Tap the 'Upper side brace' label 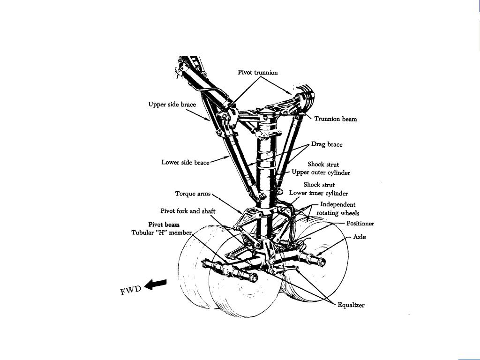pyautogui.click(x=172, y=104)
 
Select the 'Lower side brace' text pyautogui.click(x=185, y=163)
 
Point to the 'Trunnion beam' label pyautogui.click(x=335, y=119)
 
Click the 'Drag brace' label pyautogui.click(x=327, y=144)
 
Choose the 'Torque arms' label pyautogui.click(x=193, y=194)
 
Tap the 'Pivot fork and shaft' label pyautogui.click(x=187, y=211)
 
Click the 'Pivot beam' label pyautogui.click(x=164, y=225)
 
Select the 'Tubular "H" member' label pyautogui.click(x=162, y=232)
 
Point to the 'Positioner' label pyautogui.click(x=360, y=224)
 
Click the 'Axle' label pyautogui.click(x=360, y=237)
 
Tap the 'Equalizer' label pyautogui.click(x=351, y=305)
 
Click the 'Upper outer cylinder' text pyautogui.click(x=321, y=172)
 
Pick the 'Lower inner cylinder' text pyautogui.click(x=318, y=193)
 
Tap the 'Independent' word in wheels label pyautogui.click(x=337, y=204)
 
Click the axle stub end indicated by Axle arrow pyautogui.click(x=321, y=258)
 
